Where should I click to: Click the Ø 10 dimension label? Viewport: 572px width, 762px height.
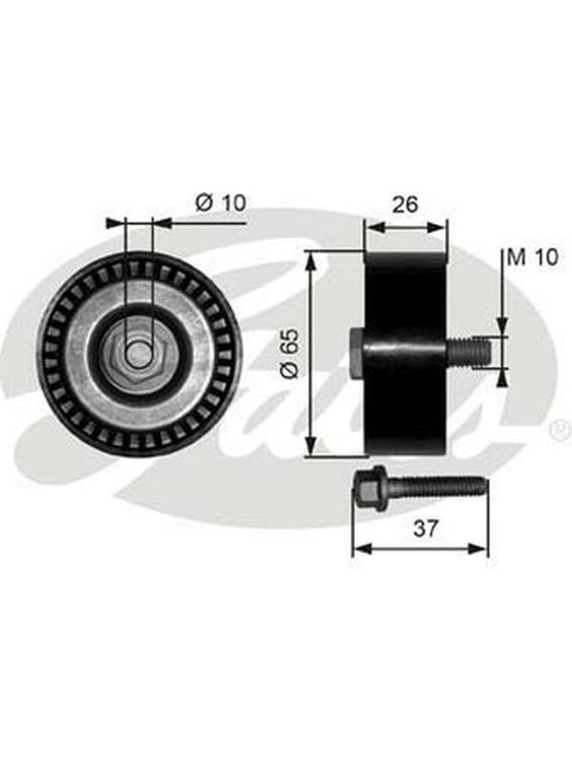[x=221, y=202]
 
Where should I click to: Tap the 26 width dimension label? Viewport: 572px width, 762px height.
[x=404, y=205]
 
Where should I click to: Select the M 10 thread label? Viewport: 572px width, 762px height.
[x=533, y=257]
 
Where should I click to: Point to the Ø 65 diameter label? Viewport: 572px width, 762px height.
[x=290, y=353]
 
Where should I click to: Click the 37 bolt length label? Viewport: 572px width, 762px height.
[x=425, y=529]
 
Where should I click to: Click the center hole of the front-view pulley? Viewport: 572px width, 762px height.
[x=138, y=353]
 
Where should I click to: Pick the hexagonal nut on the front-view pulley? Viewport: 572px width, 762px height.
[x=138, y=353]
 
